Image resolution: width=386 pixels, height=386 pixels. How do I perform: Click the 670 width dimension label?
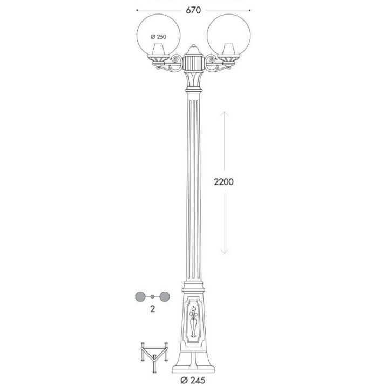coord(193,10)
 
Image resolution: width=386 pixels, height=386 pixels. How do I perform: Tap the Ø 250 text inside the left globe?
coord(158,37)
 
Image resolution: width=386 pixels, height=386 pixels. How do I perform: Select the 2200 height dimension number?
coord(224,182)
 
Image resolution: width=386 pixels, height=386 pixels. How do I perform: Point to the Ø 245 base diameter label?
coord(193,381)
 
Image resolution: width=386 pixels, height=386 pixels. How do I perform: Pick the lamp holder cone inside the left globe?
coord(158,49)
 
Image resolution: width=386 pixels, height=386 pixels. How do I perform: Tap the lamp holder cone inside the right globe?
coord(229,49)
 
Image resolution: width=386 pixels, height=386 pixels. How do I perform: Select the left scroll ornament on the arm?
coord(176,59)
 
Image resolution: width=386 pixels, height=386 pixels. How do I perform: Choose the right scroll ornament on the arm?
coord(211,59)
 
